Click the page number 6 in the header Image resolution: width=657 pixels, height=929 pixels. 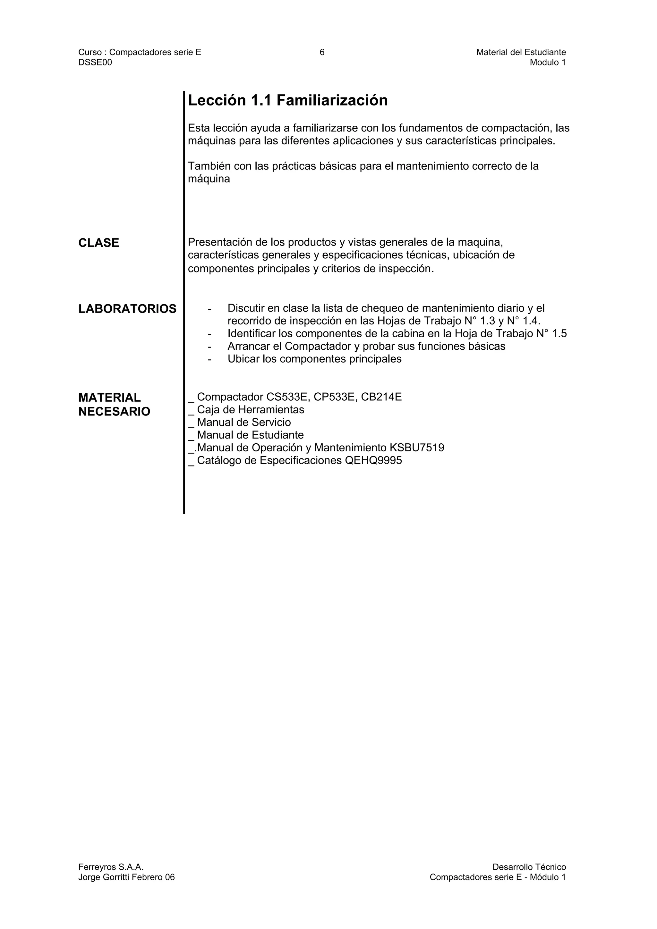point(322,52)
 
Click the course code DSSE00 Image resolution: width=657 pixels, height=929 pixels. point(95,62)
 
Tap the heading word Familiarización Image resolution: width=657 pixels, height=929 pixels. point(332,100)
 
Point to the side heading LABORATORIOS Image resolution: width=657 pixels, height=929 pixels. point(127,309)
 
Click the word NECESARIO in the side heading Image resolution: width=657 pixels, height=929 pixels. point(114,412)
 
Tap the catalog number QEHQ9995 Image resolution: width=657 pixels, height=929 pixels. point(373,460)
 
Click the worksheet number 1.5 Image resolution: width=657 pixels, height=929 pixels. point(559,334)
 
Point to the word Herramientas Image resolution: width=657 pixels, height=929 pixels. point(271,410)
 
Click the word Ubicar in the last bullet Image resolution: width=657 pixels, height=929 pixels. point(243,359)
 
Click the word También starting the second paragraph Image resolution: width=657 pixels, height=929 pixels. point(209,166)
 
